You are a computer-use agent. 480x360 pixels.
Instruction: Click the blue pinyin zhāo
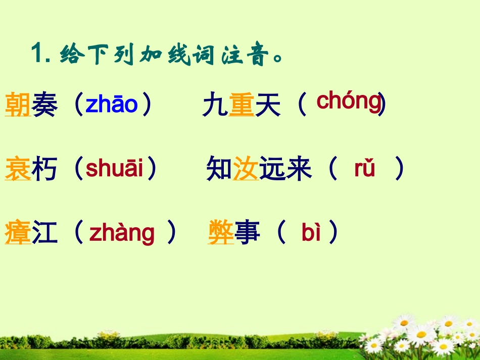click(112, 105)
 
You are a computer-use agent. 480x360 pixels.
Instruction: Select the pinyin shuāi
click(115, 169)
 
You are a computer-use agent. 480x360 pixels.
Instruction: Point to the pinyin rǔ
click(364, 169)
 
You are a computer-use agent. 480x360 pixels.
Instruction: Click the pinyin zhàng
click(122, 233)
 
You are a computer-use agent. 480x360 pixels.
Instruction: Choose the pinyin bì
click(311, 233)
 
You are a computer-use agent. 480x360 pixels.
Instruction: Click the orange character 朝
click(18, 105)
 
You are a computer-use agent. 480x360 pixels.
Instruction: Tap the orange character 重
click(241, 106)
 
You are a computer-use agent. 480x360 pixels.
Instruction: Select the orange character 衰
click(18, 169)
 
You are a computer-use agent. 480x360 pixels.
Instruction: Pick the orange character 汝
click(246, 170)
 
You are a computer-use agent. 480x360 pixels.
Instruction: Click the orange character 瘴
click(18, 233)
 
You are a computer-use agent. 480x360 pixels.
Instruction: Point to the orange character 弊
click(221, 233)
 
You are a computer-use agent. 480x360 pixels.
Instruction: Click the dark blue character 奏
click(44, 105)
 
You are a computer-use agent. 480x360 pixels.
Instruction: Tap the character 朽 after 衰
click(44, 169)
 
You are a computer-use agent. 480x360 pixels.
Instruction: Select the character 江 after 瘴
click(44, 233)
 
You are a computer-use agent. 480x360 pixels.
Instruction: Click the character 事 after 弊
click(248, 233)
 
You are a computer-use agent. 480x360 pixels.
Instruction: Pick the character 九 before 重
click(215, 106)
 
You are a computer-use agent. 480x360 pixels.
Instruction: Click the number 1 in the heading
click(36, 53)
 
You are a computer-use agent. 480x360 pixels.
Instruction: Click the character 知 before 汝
click(219, 170)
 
